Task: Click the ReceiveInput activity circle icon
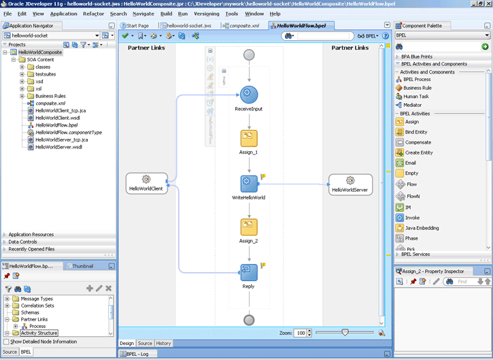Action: [x=249, y=95]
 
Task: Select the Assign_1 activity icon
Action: [x=249, y=138]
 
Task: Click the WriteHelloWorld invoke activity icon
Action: [x=249, y=184]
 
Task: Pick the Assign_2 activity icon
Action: [x=249, y=227]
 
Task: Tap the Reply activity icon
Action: [x=249, y=272]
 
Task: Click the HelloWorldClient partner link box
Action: [x=146, y=184]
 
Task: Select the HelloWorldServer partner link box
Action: [x=350, y=184]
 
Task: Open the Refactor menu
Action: [x=93, y=14]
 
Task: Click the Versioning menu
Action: [x=207, y=14]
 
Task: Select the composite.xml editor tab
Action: [x=241, y=26]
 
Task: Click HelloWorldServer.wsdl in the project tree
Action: [x=58, y=147]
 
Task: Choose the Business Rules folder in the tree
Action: [x=50, y=96]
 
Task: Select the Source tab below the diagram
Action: [x=145, y=343]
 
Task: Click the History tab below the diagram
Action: [x=163, y=343]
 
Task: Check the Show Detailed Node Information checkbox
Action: [x=6, y=342]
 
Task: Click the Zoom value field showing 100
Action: [x=301, y=333]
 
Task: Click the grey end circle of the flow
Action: [x=249, y=320]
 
